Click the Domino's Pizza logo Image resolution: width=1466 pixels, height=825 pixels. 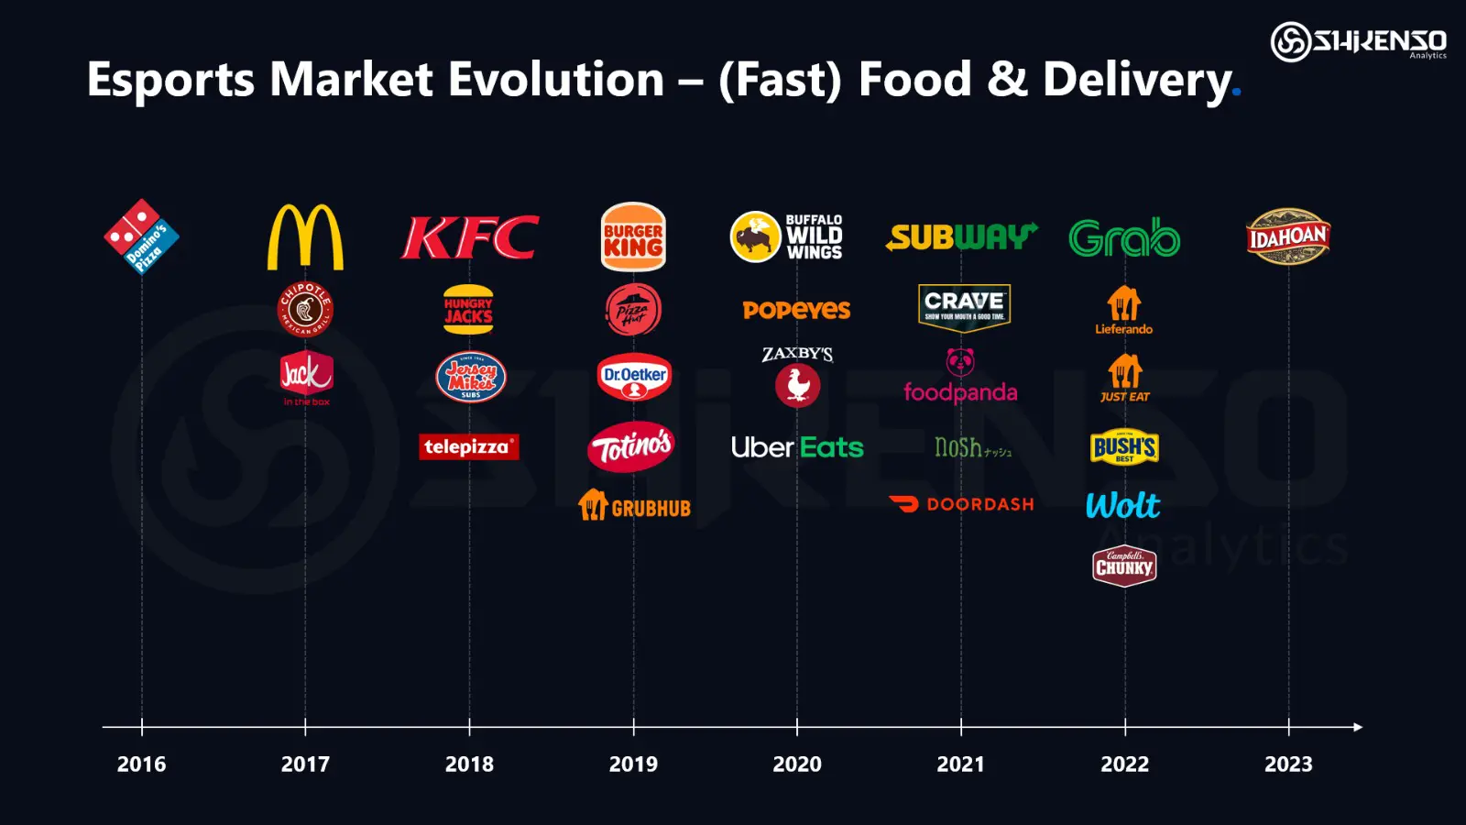coord(141,236)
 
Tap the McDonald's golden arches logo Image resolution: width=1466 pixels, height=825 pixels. coord(305,237)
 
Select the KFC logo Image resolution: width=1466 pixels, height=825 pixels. coord(470,237)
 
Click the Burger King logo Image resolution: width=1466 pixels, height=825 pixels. coord(633,237)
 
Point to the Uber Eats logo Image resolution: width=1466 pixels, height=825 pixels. coord(797,447)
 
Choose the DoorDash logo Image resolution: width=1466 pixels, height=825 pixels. coord(962,504)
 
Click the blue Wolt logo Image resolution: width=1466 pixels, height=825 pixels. coord(1123,505)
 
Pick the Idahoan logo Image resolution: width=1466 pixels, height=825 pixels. coord(1288,236)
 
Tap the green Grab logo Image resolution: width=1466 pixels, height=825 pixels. coord(1124,238)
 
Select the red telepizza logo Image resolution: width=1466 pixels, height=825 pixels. coord(469,446)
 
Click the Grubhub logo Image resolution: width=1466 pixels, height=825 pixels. coord(634,506)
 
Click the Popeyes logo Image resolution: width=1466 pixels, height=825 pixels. coord(797,310)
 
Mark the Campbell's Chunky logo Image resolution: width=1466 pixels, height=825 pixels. coord(1124,566)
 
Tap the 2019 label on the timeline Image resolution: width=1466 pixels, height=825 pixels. coord(633,764)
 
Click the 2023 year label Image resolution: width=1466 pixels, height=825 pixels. coord(1288,764)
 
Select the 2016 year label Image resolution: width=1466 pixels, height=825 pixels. coord(141,764)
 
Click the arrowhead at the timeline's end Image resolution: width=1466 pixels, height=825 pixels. coord(1357,727)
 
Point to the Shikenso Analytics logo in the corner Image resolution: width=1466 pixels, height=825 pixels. coord(1358,42)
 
